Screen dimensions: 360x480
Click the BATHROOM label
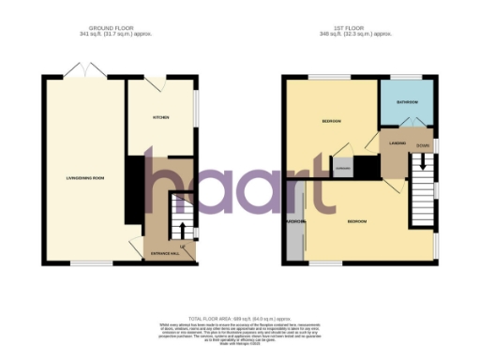[x=406, y=101]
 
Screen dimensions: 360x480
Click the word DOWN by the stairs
[x=423, y=145]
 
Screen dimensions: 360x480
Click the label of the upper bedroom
[x=331, y=122]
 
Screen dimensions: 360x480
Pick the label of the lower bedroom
[x=357, y=221]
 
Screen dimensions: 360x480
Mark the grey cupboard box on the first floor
[x=343, y=169]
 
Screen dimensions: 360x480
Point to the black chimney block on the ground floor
[x=133, y=187]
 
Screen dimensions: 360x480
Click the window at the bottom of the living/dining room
[x=84, y=265]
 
